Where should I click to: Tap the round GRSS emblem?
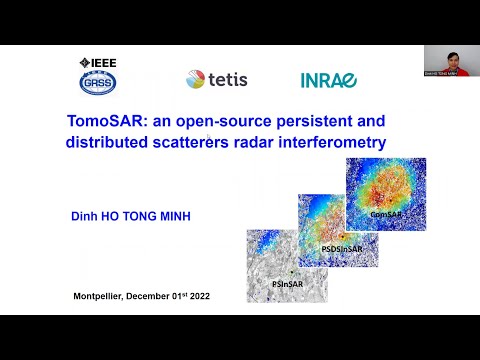[96, 81]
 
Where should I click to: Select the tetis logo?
[217, 79]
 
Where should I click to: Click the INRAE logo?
[328, 80]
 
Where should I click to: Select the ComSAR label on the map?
[386, 214]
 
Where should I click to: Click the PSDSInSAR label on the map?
[341, 248]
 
